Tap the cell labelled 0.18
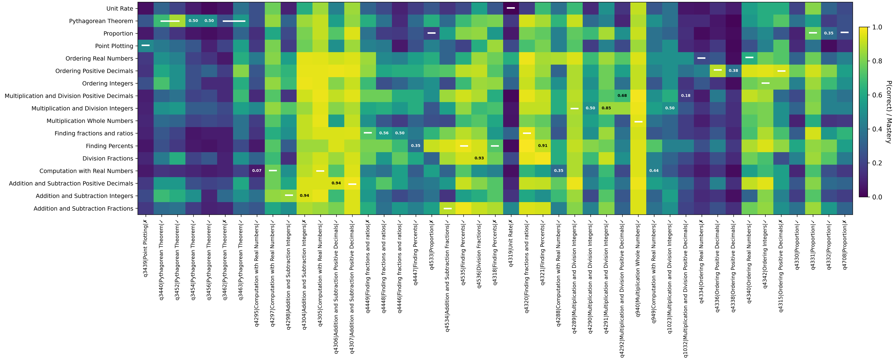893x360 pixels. pos(685,96)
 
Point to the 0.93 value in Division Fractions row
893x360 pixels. pos(479,158)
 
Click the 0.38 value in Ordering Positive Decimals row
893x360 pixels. pos(733,71)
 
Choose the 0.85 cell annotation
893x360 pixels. pos(606,108)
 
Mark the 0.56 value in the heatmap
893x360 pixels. pos(384,133)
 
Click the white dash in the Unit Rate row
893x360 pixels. pos(511,8)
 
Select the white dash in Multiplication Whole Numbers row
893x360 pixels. pos(638,122)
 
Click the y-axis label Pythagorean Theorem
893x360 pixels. pos(101,21)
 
